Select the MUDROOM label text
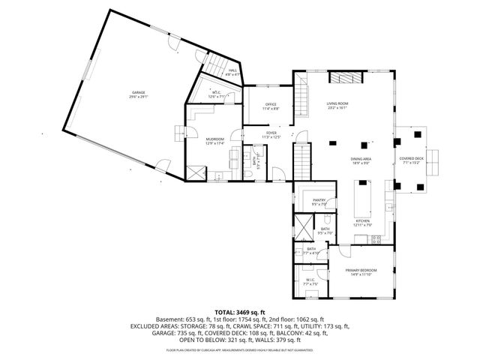(x=215, y=139)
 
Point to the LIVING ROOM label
(x=337, y=103)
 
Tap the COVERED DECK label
(x=411, y=158)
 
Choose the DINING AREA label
(x=361, y=159)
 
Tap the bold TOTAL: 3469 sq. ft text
(x=240, y=311)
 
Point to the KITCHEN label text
(x=363, y=221)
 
